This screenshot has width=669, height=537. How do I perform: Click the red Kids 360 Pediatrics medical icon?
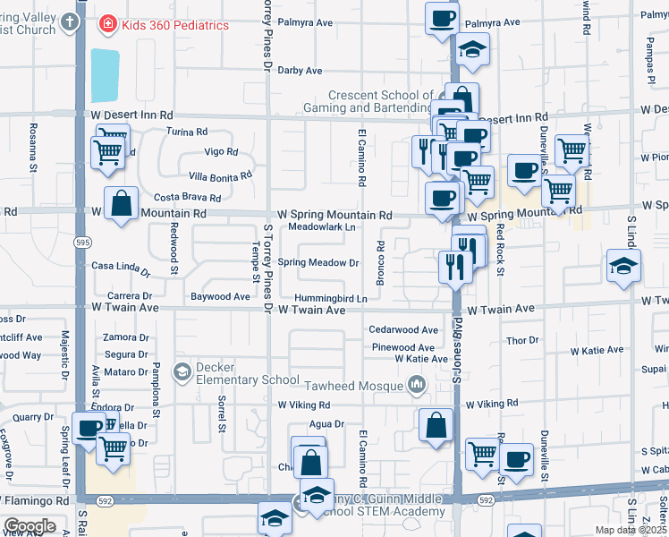coord(107,24)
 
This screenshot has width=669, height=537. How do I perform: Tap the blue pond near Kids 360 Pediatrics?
coord(105,76)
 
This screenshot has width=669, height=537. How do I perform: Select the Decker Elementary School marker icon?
coord(182,371)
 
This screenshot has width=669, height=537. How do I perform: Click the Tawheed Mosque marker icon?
coord(416,386)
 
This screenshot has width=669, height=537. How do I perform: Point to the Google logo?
coord(30,526)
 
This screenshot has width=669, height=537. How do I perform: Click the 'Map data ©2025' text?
coord(631,530)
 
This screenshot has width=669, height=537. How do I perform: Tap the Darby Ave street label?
coord(300,70)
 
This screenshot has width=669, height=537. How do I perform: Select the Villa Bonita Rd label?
coord(213,177)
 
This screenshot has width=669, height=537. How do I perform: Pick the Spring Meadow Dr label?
coord(318,262)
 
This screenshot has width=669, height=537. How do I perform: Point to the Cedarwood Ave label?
coord(404,329)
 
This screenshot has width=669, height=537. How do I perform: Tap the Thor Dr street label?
coord(521,340)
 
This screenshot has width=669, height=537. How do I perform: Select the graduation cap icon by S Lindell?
coord(623,266)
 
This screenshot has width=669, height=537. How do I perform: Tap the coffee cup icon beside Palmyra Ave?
coord(442,18)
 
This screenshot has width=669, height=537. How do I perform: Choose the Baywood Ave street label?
coord(220,296)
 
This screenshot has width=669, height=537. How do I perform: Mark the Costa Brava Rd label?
coord(187,197)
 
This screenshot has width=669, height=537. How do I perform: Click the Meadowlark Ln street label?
coord(322,227)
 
